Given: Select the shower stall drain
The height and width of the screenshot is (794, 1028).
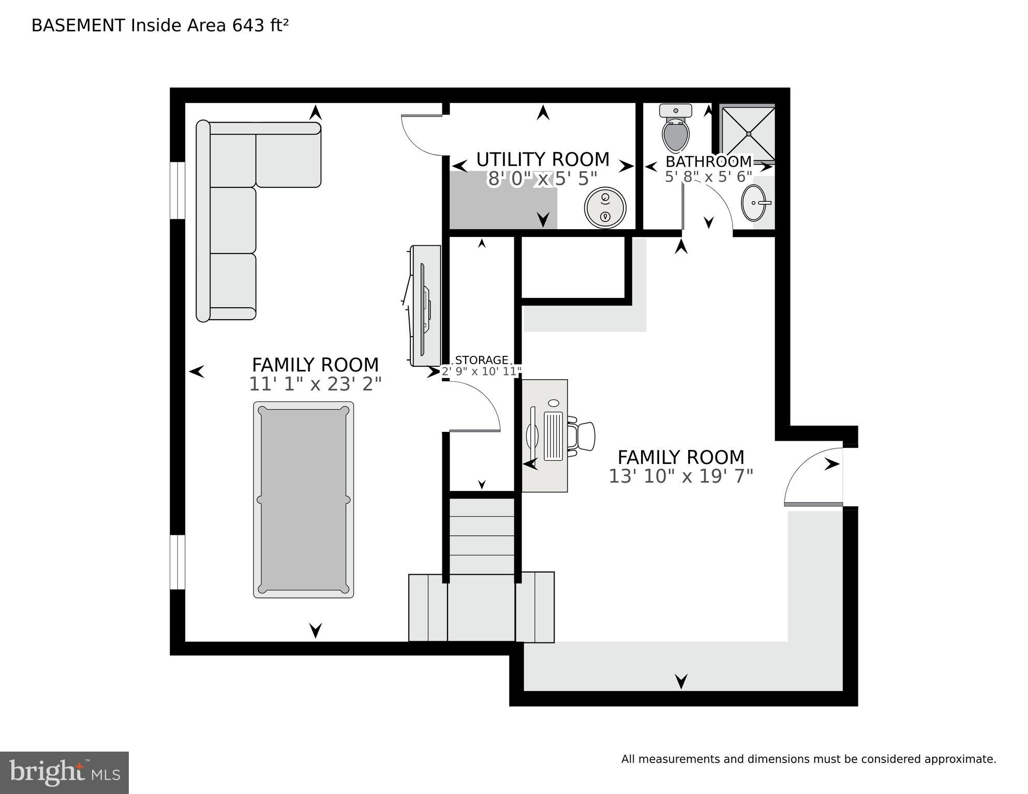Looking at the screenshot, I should click(749, 134).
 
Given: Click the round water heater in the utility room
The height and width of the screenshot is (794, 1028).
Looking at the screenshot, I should click(605, 207).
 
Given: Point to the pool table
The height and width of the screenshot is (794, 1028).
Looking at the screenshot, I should click(304, 500).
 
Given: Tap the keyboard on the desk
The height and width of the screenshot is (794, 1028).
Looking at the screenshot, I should click(553, 436).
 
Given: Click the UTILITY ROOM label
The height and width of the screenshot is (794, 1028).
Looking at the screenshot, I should click(543, 160).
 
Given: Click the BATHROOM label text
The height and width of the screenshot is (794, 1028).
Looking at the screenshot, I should click(708, 161).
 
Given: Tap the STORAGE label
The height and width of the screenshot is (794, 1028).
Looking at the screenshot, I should click(481, 360).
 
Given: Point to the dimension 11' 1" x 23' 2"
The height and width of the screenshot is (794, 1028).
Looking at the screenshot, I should click(315, 384).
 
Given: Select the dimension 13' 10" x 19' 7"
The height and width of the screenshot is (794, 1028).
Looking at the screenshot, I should click(680, 476).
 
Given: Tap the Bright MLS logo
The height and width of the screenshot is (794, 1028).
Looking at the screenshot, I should click(64, 772).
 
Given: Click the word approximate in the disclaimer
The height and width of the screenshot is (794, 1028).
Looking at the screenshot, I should click(960, 759).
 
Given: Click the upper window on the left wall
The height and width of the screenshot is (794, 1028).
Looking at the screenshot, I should click(177, 190).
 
